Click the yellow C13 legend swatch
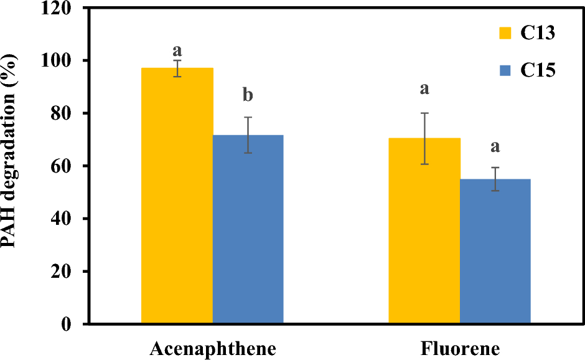(x=505, y=33)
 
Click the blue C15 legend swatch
(x=505, y=71)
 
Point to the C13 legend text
(x=537, y=33)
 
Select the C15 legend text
(x=537, y=71)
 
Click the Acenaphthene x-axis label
(x=212, y=348)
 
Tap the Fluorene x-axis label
(x=460, y=348)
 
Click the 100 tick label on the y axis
(x=65, y=61)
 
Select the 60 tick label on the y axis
(x=69, y=166)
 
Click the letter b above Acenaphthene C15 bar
(x=248, y=96)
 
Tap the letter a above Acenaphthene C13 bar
(x=177, y=47)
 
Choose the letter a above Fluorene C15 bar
(x=495, y=147)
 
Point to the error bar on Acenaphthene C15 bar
(x=248, y=135)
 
